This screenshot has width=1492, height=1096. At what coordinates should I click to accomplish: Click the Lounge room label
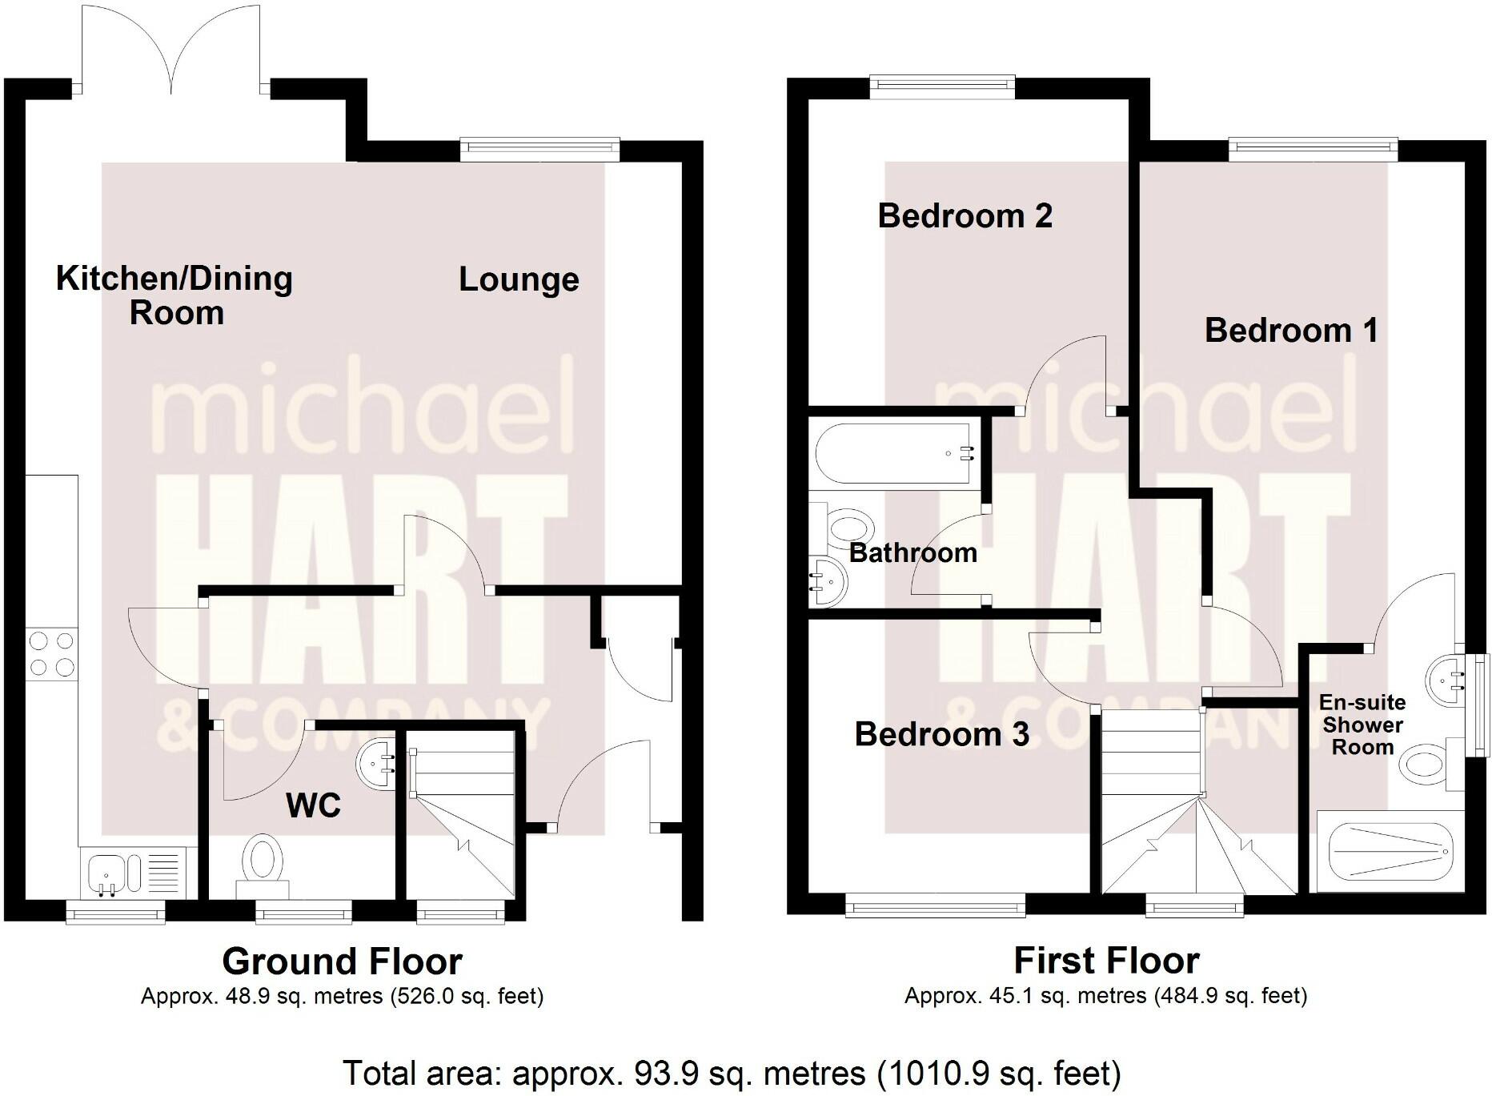tap(519, 279)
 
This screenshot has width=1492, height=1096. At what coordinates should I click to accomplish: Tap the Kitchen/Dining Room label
tap(174, 295)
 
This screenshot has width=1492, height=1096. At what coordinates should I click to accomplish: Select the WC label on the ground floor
tap(313, 805)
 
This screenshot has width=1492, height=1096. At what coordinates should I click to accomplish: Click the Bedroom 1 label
tap(1291, 331)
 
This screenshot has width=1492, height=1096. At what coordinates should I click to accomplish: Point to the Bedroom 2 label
tap(965, 216)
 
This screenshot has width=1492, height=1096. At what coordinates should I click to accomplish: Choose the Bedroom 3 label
tap(941, 734)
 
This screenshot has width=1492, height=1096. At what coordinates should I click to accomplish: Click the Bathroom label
tap(912, 552)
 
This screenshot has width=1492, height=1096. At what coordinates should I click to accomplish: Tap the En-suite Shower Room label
tap(1362, 725)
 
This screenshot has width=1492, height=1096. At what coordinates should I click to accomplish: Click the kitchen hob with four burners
tap(52, 654)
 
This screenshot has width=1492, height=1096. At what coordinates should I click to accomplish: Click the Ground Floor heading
tap(342, 962)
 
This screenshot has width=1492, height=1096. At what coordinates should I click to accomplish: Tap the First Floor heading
tap(1106, 961)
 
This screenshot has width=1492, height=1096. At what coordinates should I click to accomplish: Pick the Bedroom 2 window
tap(942, 86)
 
